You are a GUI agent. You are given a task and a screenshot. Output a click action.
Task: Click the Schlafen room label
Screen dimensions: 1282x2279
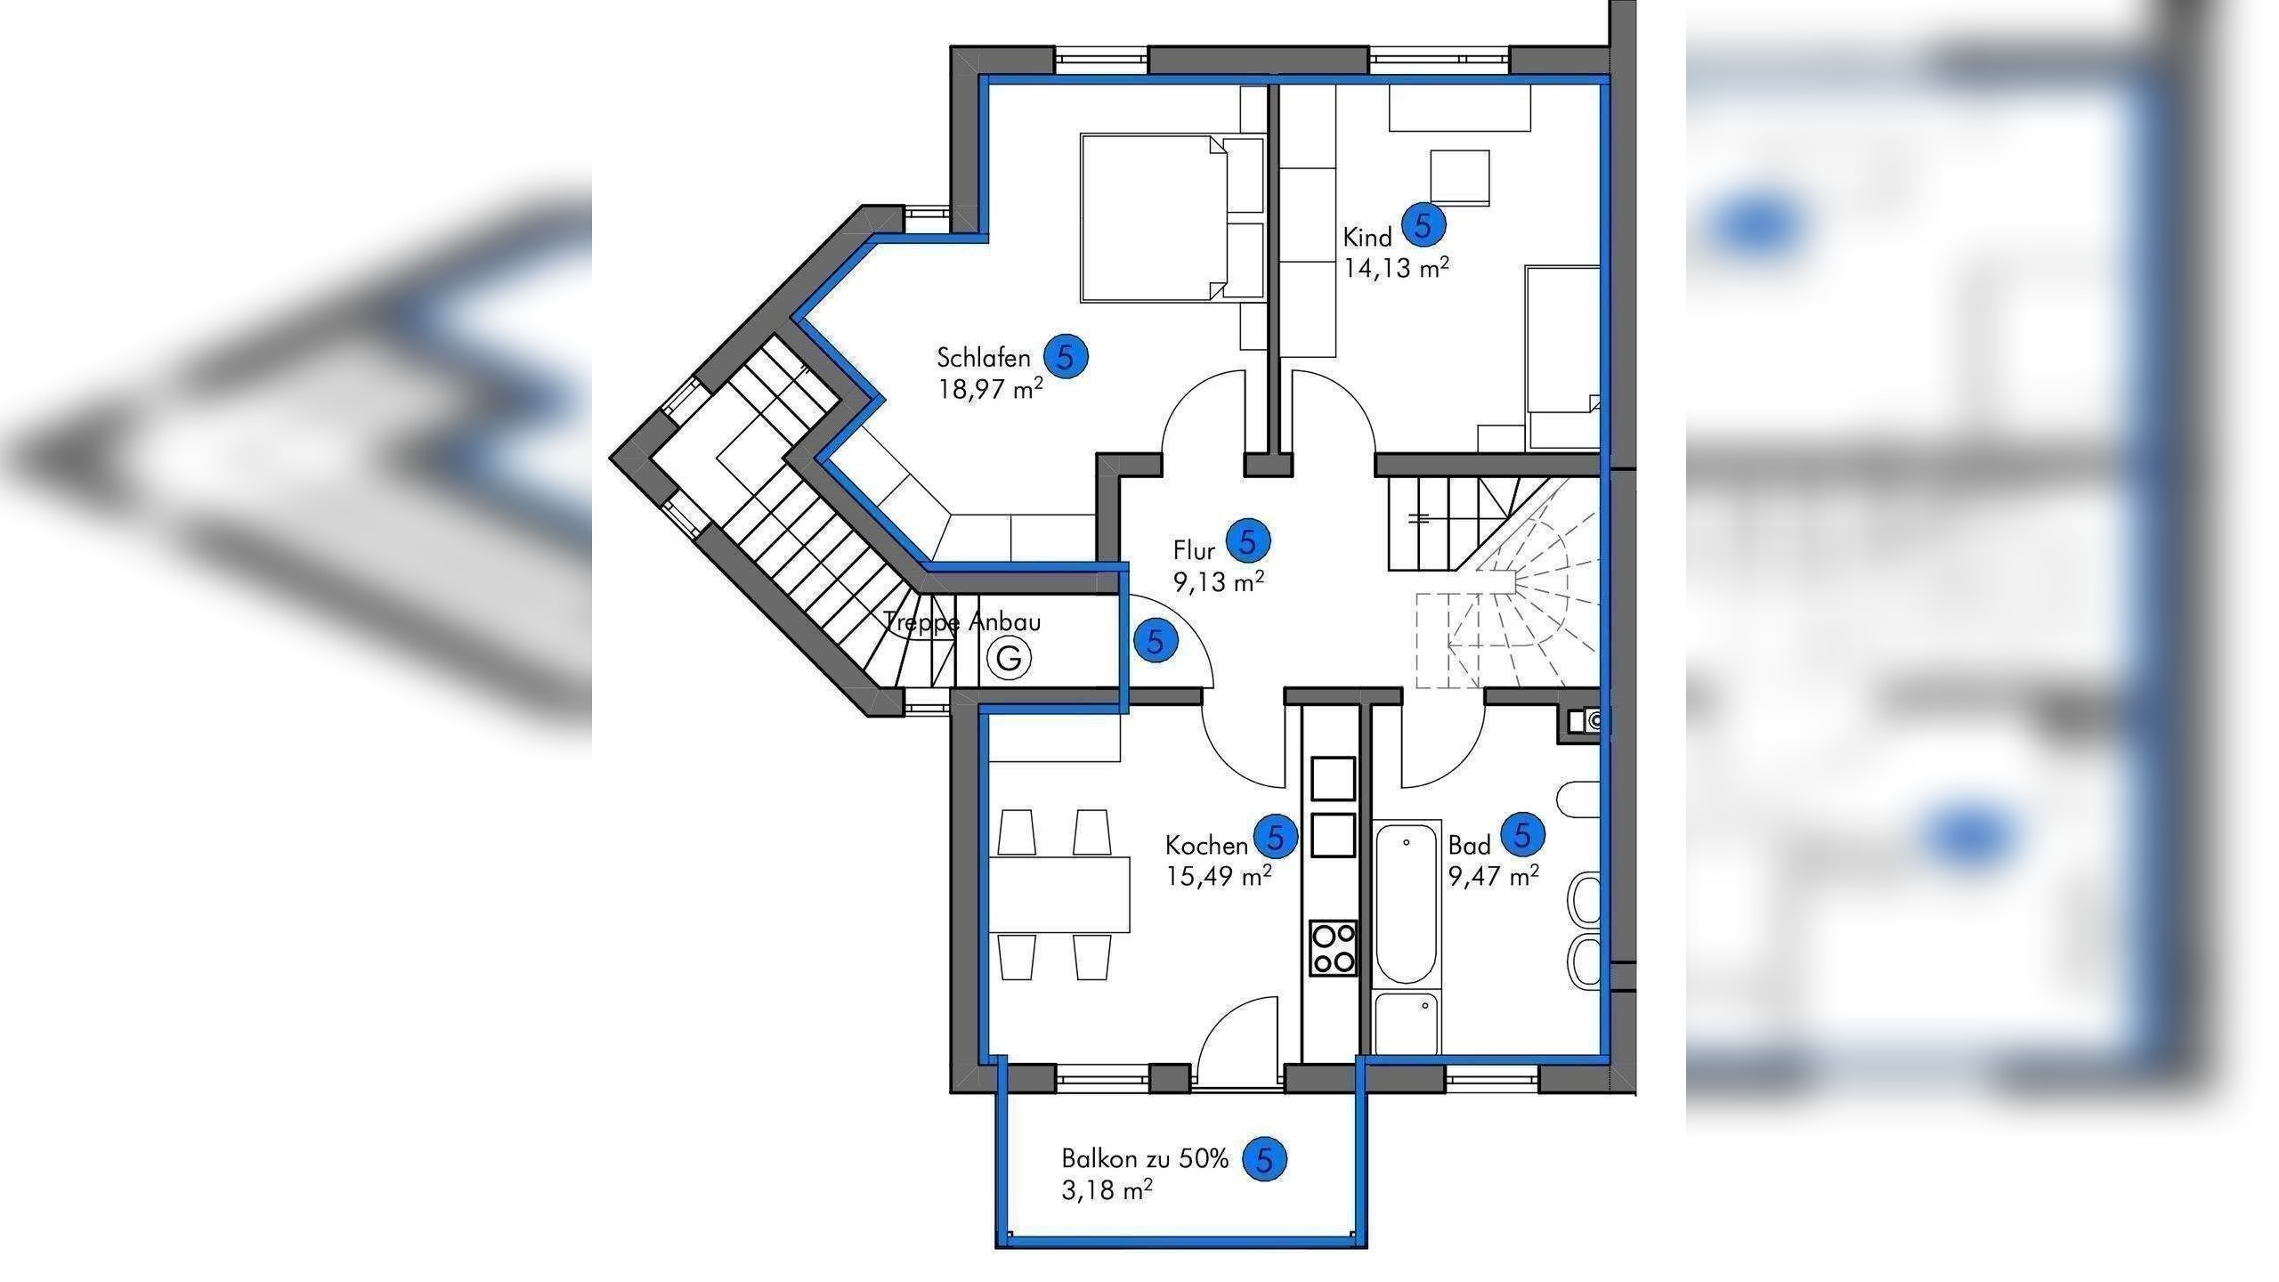983,358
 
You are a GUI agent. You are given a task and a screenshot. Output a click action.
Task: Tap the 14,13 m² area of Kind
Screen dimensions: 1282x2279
1395,267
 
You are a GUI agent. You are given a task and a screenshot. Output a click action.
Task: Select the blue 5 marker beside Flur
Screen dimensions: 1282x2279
1248,540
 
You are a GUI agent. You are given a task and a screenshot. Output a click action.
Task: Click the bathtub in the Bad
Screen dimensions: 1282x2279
1407,905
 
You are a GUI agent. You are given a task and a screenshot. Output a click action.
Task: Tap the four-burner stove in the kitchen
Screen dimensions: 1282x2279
1333,948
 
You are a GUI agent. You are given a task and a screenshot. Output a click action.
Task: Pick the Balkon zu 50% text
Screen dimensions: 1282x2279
1144,1159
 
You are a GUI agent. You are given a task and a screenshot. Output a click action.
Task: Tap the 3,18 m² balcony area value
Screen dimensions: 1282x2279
1107,1190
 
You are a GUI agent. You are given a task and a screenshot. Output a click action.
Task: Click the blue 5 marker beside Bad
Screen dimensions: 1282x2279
1522,835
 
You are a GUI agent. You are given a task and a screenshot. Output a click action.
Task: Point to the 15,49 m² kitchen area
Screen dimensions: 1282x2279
1218,876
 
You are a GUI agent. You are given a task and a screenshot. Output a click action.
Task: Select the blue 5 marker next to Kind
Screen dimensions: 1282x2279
1423,225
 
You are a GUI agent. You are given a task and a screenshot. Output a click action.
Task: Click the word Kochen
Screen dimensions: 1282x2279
1206,845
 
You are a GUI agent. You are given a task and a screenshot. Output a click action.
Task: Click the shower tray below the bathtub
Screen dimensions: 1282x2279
1406,1024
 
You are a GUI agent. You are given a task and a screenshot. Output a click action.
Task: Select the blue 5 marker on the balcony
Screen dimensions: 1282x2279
1265,1159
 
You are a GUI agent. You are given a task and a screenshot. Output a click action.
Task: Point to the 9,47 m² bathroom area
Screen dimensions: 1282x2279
1493,876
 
